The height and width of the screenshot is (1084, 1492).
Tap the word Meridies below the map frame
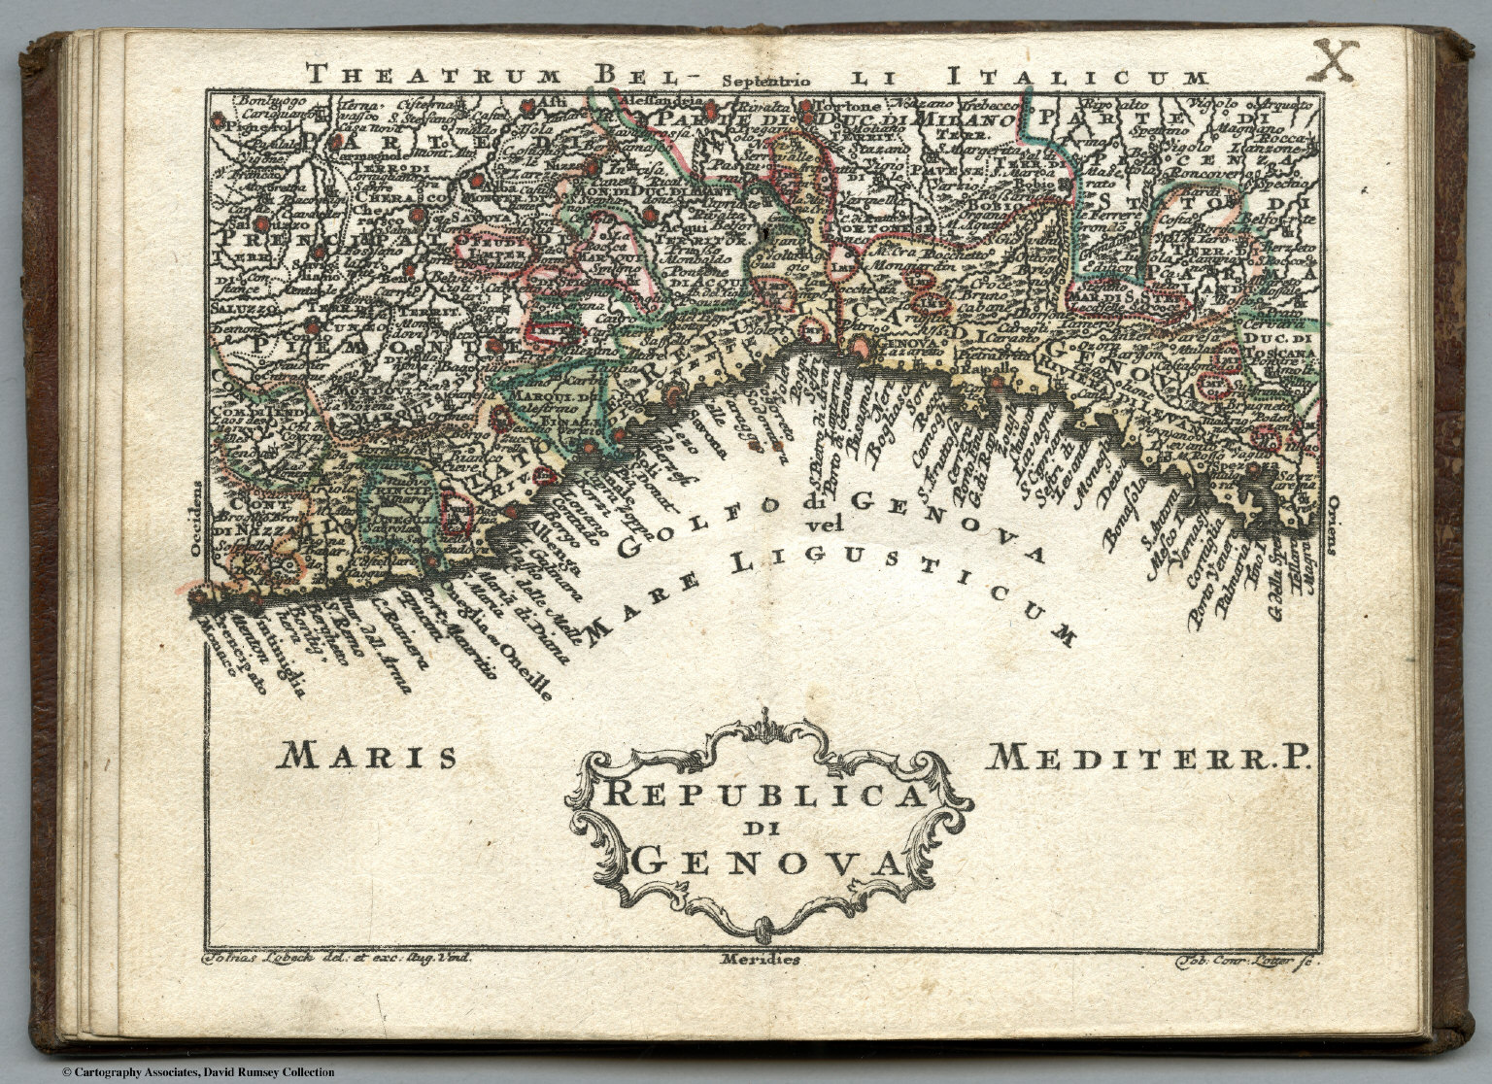[761, 960]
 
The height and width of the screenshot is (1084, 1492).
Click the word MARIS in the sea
[369, 757]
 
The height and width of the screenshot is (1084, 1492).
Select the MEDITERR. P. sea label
[1147, 757]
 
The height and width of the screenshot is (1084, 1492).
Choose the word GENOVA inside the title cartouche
[765, 861]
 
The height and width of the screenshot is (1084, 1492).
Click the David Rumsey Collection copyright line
[198, 1072]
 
